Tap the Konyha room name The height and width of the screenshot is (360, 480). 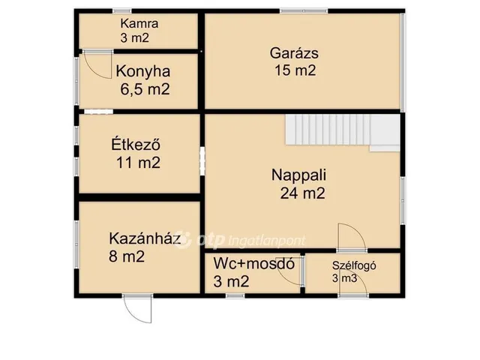point(142,72)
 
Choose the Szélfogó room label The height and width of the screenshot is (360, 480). point(353,264)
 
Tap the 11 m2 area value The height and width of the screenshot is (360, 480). point(138,161)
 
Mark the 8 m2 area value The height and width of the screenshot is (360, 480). point(127,257)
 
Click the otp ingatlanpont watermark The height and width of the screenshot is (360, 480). point(240,241)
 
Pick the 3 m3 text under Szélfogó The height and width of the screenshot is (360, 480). point(344,279)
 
